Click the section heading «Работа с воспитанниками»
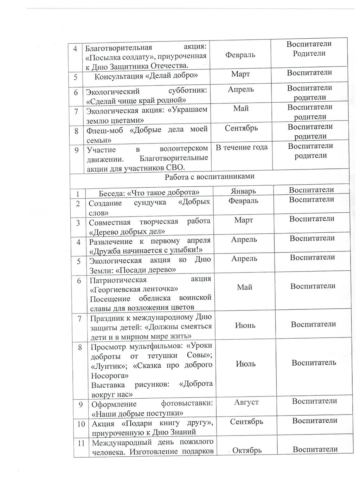(x=210, y=177)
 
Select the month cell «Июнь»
(x=245, y=326)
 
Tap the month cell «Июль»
(x=245, y=364)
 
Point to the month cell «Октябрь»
(x=247, y=450)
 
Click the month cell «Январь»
(x=243, y=191)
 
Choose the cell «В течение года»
(x=242, y=147)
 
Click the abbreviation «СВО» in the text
(x=176, y=167)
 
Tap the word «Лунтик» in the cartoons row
(x=107, y=366)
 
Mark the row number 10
(x=81, y=424)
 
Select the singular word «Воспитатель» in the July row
(x=314, y=362)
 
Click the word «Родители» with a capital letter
(x=309, y=53)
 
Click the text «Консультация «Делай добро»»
(x=146, y=76)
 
